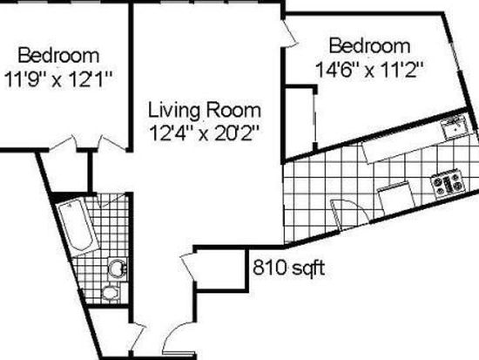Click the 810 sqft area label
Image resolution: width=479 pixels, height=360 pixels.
tap(288, 268)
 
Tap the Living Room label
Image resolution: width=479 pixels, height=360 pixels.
tap(205, 110)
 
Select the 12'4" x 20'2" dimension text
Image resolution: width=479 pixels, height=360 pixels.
tap(205, 133)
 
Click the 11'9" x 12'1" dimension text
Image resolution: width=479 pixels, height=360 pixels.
tap(58, 79)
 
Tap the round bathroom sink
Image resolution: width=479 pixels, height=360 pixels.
tap(118, 268)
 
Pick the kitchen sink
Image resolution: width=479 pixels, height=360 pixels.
tap(455, 128)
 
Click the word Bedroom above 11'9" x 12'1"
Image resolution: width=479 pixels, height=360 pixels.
tap(58, 56)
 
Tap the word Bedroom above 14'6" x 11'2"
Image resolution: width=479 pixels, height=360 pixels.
tap(369, 46)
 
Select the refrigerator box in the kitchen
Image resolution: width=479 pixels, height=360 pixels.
tap(396, 199)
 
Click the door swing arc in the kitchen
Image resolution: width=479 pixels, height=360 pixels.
tap(351, 212)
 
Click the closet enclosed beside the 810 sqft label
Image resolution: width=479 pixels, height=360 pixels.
tap(220, 269)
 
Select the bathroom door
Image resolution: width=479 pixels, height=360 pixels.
tap(112, 200)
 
